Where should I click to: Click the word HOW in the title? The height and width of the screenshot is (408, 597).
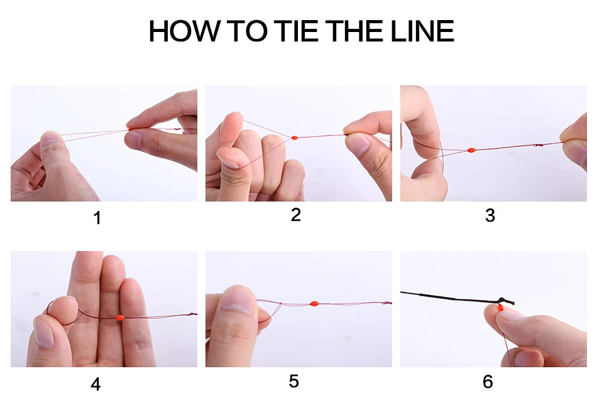(184, 31)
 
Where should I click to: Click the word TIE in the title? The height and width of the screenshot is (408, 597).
(295, 31)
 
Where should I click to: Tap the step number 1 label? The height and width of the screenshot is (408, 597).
(97, 218)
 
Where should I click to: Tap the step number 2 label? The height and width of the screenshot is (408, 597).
(296, 215)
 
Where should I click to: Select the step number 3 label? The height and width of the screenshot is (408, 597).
(490, 215)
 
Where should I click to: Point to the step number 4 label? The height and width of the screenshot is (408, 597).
(96, 384)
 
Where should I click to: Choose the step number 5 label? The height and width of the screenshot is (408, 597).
(294, 381)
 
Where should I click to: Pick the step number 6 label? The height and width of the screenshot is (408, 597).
(488, 382)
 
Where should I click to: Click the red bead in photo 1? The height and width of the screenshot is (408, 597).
(131, 130)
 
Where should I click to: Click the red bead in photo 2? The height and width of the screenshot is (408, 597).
(294, 137)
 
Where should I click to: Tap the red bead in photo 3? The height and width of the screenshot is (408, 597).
(471, 150)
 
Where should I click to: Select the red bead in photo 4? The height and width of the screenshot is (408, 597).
(119, 318)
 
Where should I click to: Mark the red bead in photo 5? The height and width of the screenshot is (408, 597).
(314, 303)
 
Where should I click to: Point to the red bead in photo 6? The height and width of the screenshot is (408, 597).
(500, 306)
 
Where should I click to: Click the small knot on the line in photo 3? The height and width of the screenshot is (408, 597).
(537, 145)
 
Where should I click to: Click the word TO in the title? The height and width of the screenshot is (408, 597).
(247, 31)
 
